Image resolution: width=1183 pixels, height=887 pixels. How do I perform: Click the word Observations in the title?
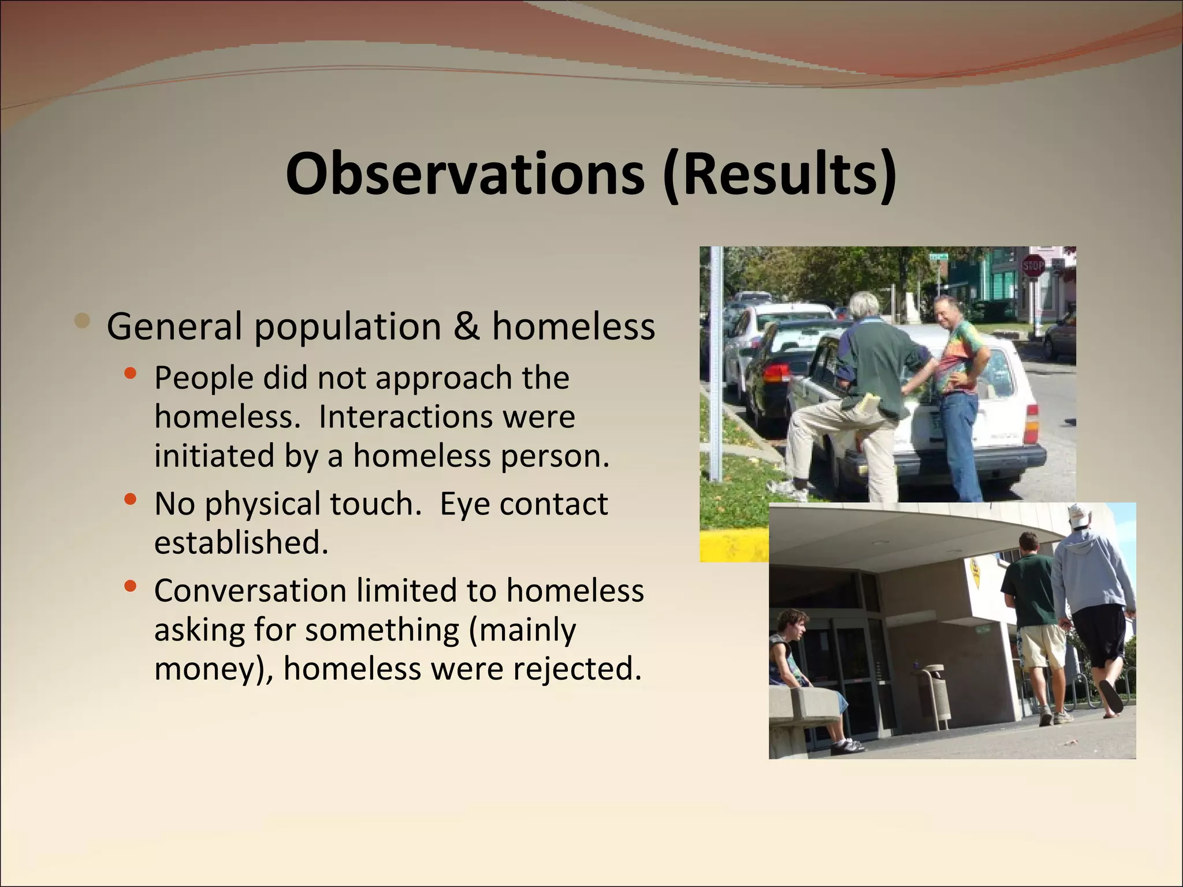465,173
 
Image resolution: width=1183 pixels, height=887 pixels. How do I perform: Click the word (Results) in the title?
780,173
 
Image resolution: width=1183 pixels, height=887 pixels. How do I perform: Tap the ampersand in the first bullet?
466,326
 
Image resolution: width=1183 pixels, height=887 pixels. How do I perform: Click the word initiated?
214,456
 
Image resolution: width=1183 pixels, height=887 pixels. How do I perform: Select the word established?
241,543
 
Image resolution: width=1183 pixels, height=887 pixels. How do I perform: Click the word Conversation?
250,591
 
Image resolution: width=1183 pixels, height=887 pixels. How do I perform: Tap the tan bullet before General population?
83,320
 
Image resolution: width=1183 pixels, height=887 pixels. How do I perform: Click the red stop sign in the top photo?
1033,266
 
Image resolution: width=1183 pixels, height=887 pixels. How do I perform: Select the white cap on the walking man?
1080,516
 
